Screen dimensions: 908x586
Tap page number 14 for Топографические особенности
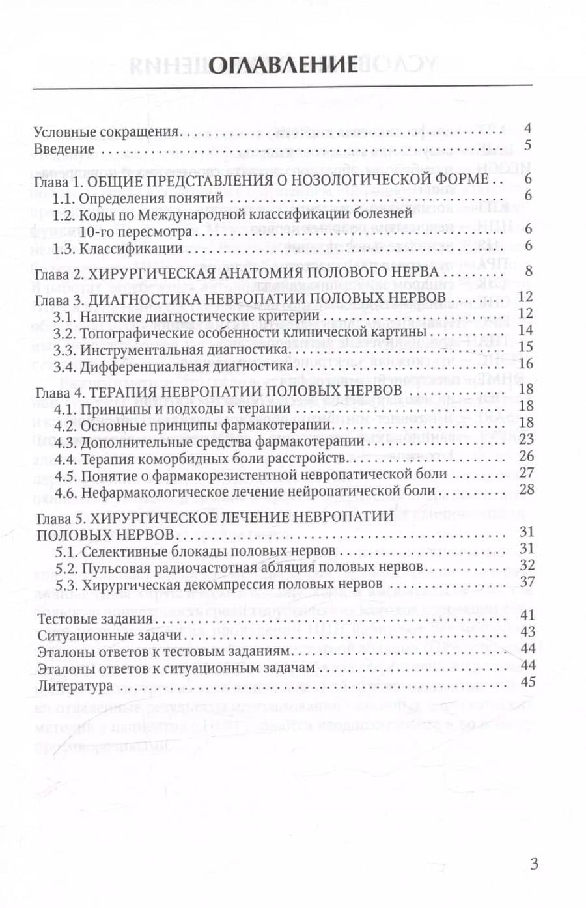pos(525,330)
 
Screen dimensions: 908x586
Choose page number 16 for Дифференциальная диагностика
pos(525,364)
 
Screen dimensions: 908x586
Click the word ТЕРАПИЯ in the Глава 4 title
pos(122,391)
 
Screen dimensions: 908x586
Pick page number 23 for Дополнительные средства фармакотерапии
pos(525,439)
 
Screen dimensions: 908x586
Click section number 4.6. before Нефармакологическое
pos(66,491)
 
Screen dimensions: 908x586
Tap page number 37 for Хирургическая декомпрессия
pos(525,581)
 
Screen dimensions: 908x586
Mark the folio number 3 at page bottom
pos(535,864)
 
